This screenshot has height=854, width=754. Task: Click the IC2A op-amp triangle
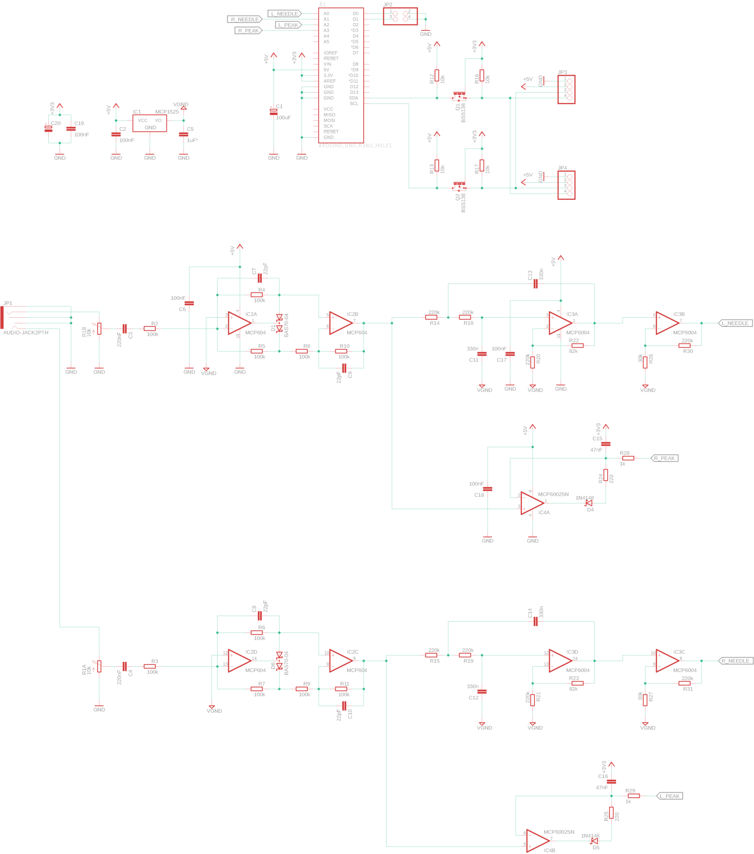239,323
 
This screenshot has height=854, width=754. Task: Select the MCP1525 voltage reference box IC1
150,123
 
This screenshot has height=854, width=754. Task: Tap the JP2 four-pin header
400,16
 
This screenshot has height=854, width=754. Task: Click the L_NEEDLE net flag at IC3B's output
735,323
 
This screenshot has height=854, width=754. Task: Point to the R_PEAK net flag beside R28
664,458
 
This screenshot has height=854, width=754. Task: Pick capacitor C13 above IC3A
535,284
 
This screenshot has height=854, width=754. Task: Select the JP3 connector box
566,89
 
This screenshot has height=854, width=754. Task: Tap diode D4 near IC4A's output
589,503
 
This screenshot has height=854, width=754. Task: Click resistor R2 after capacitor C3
150,329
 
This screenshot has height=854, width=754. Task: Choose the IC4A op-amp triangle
532,503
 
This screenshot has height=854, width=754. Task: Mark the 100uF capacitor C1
274,112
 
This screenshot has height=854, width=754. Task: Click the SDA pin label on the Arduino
353,98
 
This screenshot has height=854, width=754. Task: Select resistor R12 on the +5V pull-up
437,75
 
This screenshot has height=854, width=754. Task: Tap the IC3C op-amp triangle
667,661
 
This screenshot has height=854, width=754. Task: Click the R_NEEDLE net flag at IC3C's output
736,661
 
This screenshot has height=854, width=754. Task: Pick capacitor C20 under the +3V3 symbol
48,129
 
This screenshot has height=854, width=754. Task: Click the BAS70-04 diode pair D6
279,661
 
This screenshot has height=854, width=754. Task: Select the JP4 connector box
566,185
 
